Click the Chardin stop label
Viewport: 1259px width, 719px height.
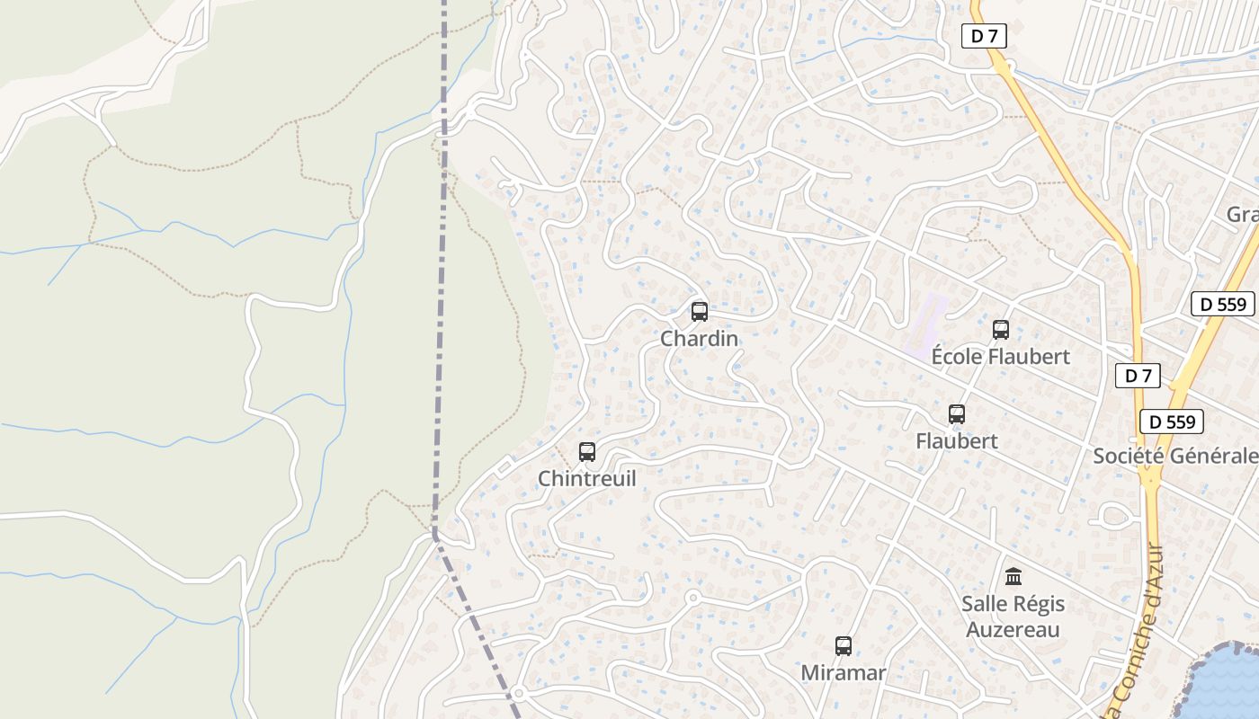(699, 339)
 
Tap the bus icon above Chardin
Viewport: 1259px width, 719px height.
(699, 312)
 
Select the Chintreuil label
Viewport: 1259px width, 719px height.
(586, 478)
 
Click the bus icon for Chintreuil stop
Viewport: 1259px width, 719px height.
(587, 452)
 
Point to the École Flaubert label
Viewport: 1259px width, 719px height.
(1000, 357)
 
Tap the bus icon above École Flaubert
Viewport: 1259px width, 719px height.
(1001, 330)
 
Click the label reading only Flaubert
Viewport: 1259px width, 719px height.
(957, 440)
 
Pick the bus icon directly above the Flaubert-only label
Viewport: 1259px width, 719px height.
(957, 414)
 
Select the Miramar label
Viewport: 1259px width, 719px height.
(844, 672)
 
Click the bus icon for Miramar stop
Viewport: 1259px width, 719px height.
(844, 646)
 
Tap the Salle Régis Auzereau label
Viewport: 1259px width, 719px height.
(1013, 616)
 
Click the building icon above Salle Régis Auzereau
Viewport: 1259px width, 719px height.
(1013, 576)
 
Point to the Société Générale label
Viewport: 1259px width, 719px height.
(1175, 456)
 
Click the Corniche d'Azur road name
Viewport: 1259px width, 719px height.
(1137, 629)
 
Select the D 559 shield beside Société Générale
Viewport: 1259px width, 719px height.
(1172, 422)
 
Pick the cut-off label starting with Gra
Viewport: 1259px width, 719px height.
(1242, 215)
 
